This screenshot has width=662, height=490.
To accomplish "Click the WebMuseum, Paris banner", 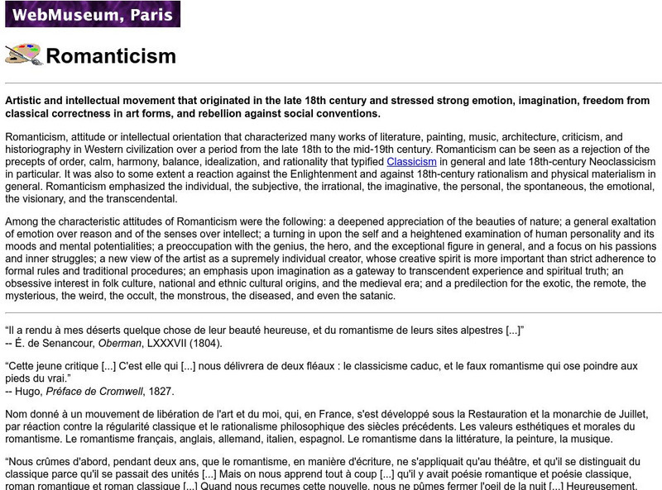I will [92, 14].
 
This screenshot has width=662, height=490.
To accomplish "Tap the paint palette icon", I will [23, 55].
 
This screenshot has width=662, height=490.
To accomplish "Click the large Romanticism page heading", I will [111, 56].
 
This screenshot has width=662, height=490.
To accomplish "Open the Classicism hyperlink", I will [411, 161].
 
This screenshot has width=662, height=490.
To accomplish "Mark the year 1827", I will [161, 391].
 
